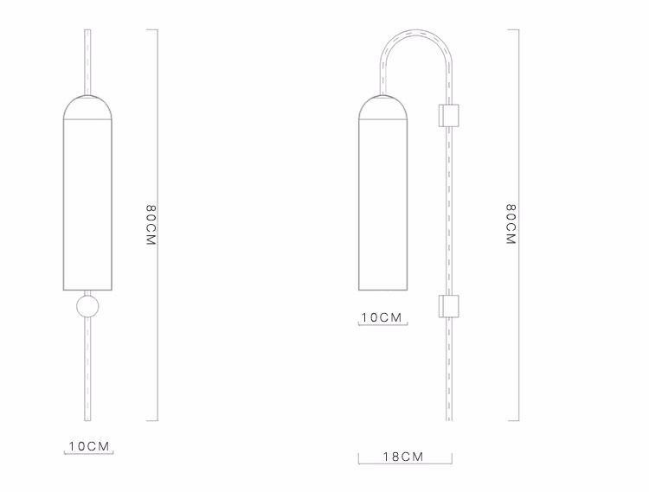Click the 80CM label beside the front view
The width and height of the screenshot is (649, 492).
coord(151,226)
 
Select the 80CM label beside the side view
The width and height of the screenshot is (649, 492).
coord(511,226)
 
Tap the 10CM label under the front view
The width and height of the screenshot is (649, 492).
coord(90,446)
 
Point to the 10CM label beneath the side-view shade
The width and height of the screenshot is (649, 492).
coord(382,317)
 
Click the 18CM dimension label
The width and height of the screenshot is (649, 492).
coord(403,457)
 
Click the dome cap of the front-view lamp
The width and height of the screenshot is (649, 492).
coord(87,106)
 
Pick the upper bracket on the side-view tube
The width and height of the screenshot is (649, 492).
coord(448,115)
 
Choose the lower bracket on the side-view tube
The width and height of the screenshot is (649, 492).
coord(448,304)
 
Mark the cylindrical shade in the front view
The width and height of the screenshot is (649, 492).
coord(87,203)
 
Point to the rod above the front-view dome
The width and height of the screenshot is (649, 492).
coord(87,61)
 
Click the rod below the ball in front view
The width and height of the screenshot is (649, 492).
coord(87,372)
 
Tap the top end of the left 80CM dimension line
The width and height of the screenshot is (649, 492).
coord(157,30)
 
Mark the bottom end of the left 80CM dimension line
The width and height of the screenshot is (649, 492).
coord(157,421)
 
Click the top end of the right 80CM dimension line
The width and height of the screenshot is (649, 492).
coord(518,30)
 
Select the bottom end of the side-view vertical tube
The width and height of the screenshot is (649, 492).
coord(448,420)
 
